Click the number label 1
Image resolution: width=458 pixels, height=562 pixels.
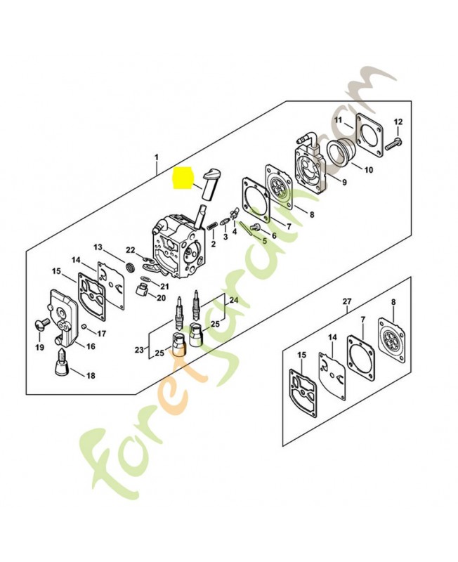pyautogui.click(x=157, y=156)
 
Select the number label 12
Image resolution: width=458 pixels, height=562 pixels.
pyautogui.click(x=398, y=122)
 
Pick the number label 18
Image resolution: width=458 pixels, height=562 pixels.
pyautogui.click(x=90, y=376)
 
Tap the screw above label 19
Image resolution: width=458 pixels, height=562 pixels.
pyautogui.click(x=41, y=325)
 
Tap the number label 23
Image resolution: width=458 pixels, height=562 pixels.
pyautogui.click(x=139, y=349)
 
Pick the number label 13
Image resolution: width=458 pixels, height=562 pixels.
pyautogui.click(x=98, y=247)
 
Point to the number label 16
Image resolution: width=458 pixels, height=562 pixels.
pyautogui.click(x=91, y=346)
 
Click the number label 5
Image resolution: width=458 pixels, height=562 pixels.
pyautogui.click(x=264, y=240)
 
